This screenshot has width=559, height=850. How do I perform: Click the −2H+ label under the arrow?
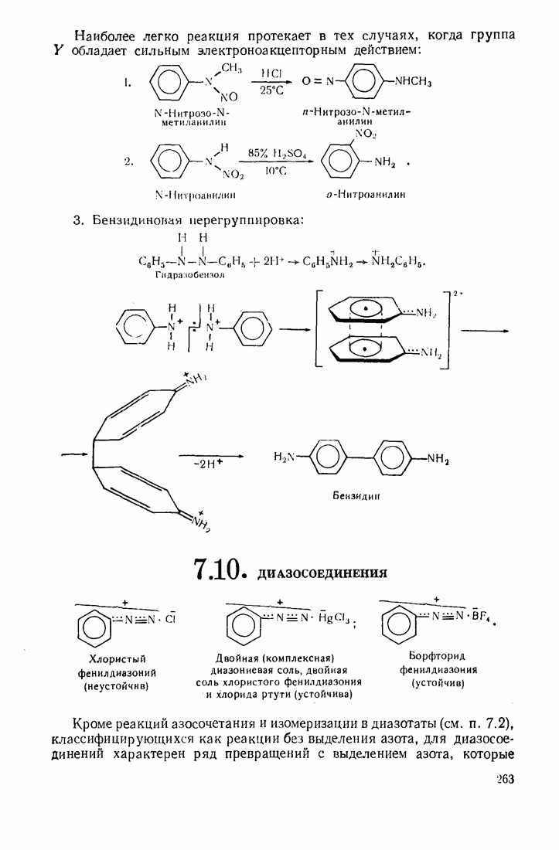click(x=210, y=465)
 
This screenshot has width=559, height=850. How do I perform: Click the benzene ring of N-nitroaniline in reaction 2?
click(x=165, y=162)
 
